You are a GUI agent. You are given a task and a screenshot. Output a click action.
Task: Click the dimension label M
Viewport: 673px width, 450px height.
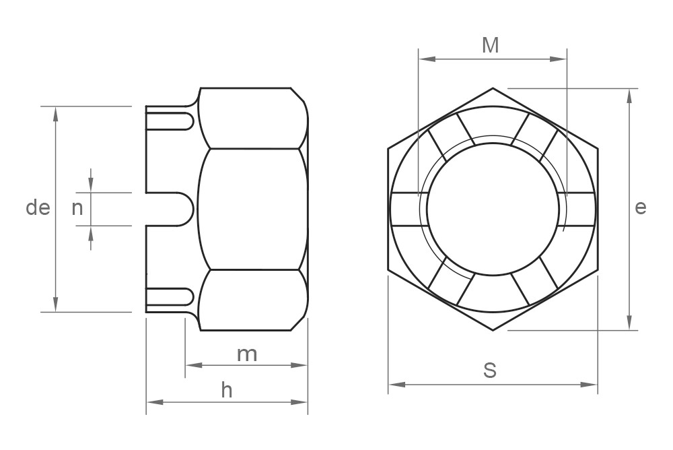point(491,45)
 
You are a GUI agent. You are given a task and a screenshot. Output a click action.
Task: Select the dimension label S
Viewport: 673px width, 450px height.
point(491,370)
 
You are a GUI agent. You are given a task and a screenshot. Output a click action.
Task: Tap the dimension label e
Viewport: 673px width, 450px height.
point(640,207)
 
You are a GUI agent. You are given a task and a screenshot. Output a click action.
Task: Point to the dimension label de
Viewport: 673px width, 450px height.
point(38,208)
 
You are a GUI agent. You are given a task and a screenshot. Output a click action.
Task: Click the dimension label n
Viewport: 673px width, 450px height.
point(77,208)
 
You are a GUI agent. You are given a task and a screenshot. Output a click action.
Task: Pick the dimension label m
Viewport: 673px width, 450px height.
point(246,354)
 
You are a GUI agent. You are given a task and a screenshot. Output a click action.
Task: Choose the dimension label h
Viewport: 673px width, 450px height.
point(227,391)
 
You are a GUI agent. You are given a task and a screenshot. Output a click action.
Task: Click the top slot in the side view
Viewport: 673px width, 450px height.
point(170,121)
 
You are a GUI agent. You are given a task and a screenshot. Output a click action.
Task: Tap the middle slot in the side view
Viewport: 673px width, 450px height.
point(170,209)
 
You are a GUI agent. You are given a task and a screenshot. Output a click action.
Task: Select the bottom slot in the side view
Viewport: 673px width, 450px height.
point(170,296)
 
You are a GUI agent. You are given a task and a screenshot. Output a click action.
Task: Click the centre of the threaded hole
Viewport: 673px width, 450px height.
point(492,209)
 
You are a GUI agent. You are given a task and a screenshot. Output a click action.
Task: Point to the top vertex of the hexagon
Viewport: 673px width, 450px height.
point(493,88)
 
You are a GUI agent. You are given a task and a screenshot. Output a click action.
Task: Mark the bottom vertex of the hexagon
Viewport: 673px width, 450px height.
point(493,330)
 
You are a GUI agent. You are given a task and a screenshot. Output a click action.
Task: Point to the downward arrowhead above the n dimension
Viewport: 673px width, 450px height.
point(91,185)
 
